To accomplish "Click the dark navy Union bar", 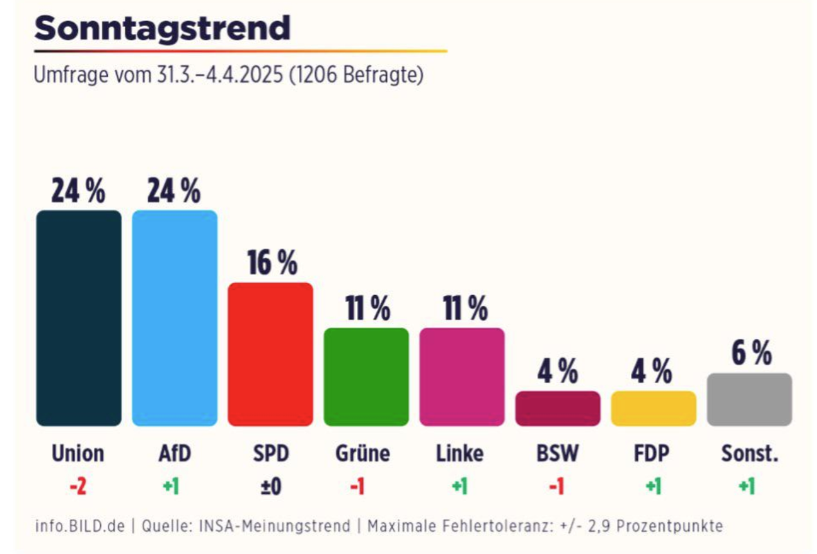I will click(x=78, y=318).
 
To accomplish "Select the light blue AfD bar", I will click(x=174, y=318).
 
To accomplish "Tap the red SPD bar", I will click(x=270, y=354).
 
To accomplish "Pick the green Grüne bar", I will click(x=366, y=377).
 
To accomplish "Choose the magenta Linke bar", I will click(x=461, y=377).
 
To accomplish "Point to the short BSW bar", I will click(x=558, y=409).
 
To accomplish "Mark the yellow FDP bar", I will click(x=654, y=409).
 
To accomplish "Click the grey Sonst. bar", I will click(x=749, y=400).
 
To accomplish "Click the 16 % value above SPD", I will click(x=272, y=262).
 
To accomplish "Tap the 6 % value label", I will click(x=751, y=354).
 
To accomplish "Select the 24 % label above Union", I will click(x=78, y=190).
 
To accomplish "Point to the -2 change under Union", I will click(x=78, y=487).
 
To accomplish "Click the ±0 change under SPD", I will click(x=270, y=487).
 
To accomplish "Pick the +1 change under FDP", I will click(x=654, y=487).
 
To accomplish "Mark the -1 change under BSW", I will click(x=558, y=487).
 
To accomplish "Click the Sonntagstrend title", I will click(x=162, y=28).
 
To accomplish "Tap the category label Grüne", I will click(x=362, y=454).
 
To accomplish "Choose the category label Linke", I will click(x=460, y=454).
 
